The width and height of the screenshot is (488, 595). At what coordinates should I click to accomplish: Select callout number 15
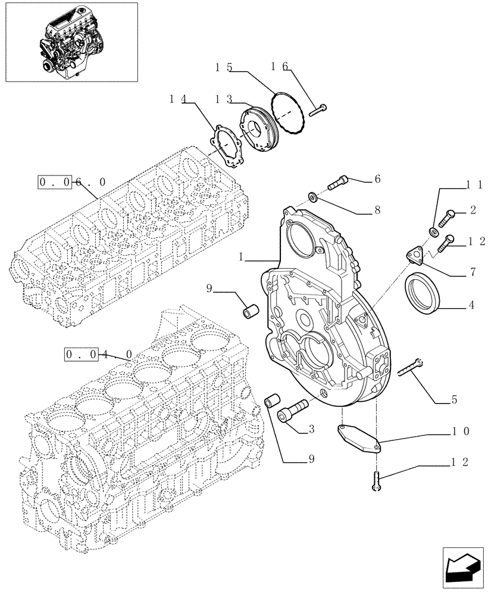click(x=223, y=68)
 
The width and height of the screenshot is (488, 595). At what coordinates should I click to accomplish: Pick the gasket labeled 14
click(x=229, y=143)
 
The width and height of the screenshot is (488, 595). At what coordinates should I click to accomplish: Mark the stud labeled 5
click(x=409, y=369)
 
